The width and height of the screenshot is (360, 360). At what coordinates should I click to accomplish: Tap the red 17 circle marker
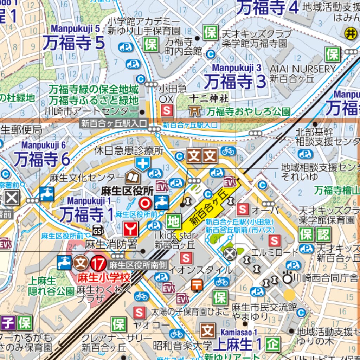tap(98, 263)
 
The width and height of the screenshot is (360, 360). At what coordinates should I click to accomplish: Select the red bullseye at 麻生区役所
tap(145, 203)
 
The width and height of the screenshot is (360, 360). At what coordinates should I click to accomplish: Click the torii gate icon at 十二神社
tap(194, 111)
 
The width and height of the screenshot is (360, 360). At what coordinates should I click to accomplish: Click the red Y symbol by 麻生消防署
tap(130, 229)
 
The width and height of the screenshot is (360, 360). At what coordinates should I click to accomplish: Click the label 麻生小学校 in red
tap(104, 277)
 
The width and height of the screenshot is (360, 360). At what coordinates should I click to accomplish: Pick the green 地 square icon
tap(174, 221)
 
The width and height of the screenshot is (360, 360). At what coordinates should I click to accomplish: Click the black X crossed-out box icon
tap(12, 198)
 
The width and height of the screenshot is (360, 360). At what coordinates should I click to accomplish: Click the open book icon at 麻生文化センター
tap(133, 177)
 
